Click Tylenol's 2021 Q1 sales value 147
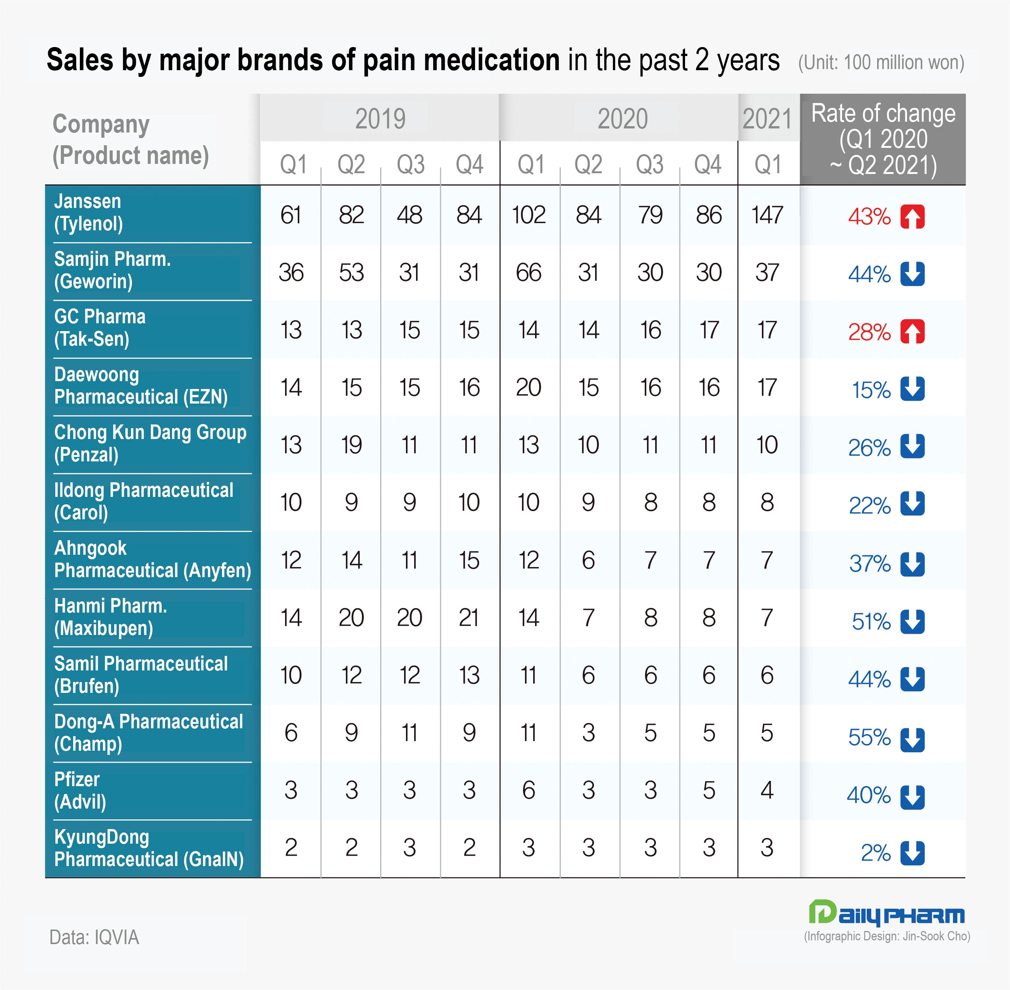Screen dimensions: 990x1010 [x=767, y=215]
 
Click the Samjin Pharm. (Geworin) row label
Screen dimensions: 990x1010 [x=112, y=270]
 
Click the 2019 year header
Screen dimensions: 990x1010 [x=380, y=119]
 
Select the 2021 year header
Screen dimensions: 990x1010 [x=767, y=119]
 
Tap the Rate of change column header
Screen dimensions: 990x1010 [x=883, y=139]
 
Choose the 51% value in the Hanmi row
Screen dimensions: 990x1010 [x=871, y=621]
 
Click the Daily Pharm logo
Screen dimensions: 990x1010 [x=886, y=913]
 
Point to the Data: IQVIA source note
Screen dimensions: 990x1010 [x=94, y=937]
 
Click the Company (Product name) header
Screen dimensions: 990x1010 [x=130, y=139]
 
